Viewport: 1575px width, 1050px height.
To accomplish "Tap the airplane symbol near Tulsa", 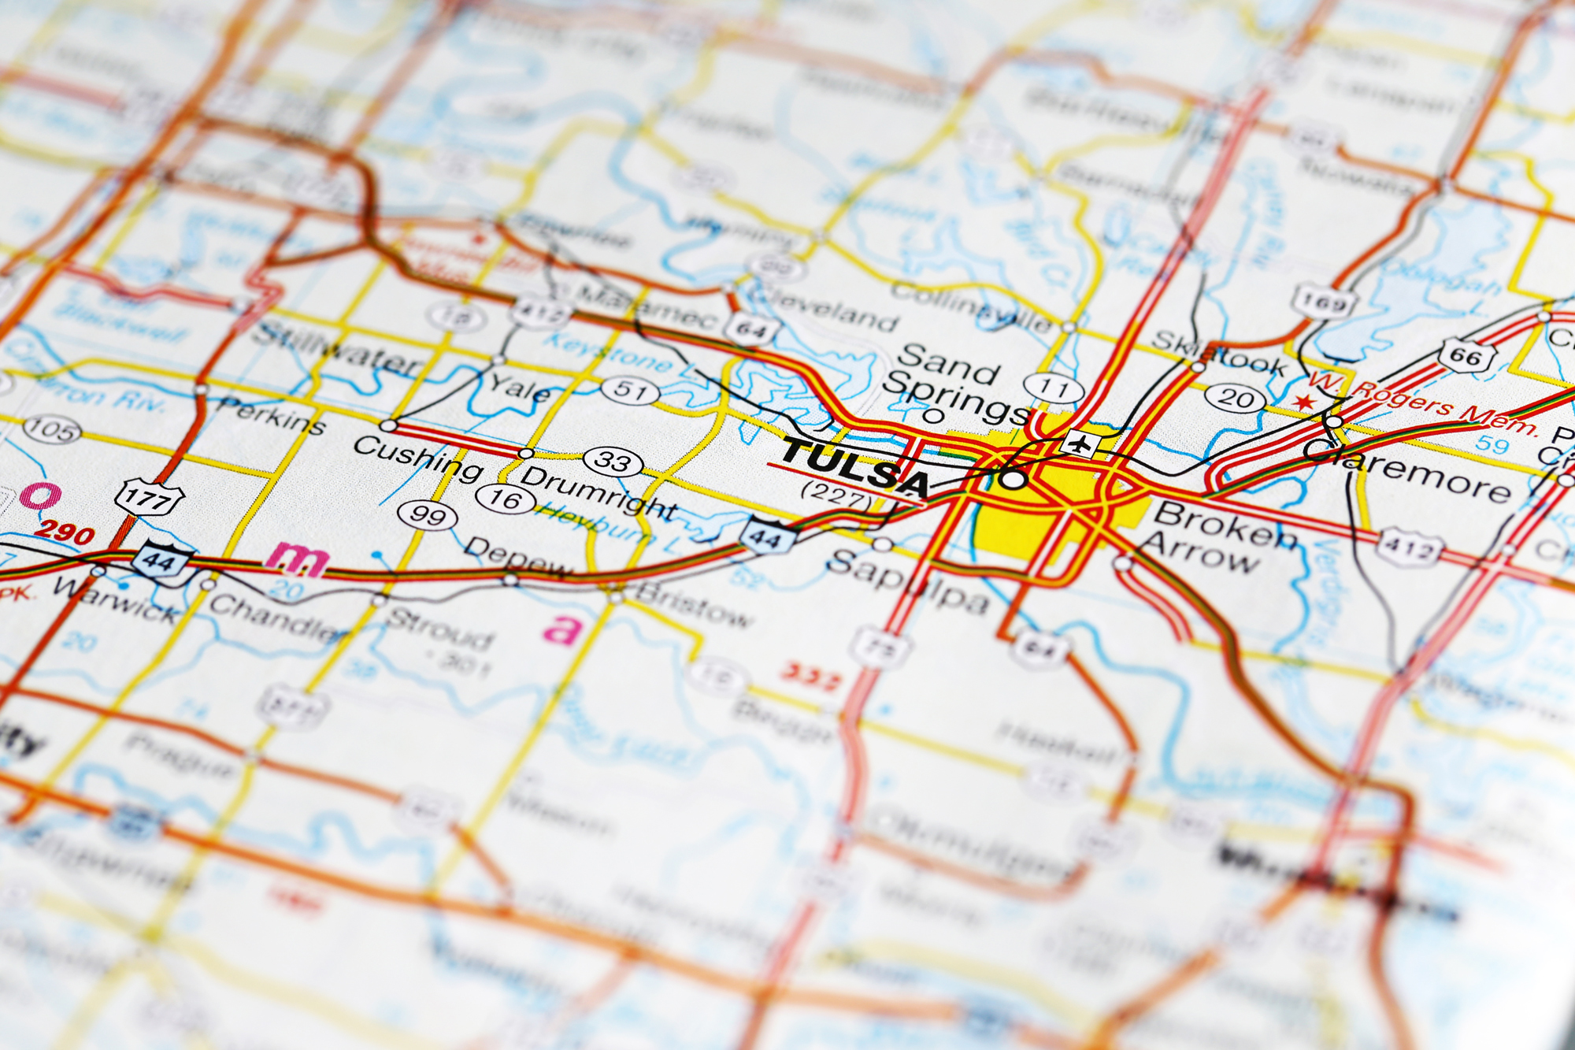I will click(x=1080, y=443).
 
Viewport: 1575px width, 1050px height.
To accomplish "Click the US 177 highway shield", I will click(x=149, y=499).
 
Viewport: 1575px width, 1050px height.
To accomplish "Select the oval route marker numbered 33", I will click(x=613, y=461).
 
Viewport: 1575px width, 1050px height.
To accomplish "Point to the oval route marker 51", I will click(x=630, y=390).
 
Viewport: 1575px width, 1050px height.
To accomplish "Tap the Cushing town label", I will click(x=417, y=457).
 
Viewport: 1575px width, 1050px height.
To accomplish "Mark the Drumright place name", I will click(x=598, y=492).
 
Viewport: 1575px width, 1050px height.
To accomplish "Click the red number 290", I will click(x=65, y=532).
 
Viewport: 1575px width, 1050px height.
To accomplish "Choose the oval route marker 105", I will click(x=52, y=430).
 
